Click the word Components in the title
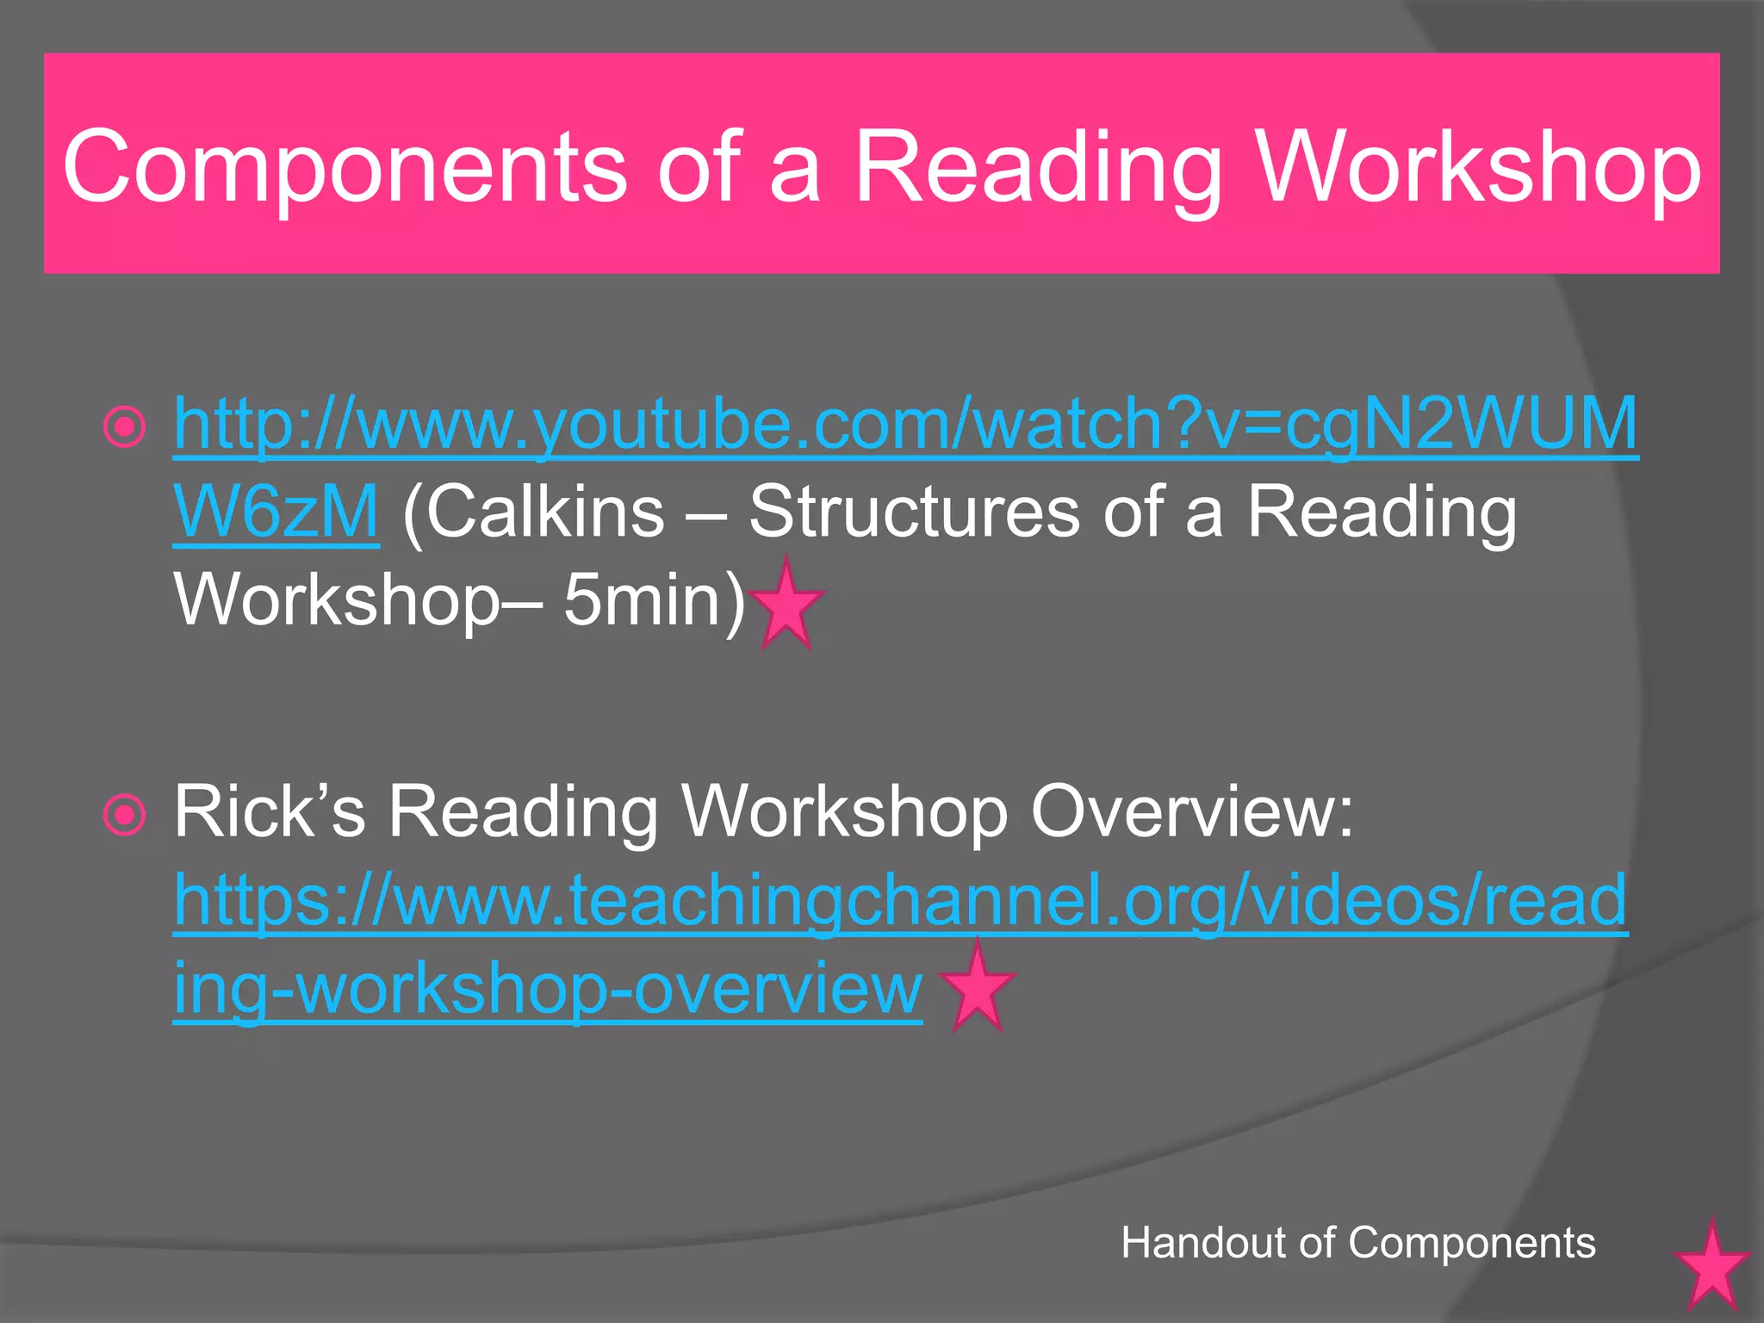[344, 167]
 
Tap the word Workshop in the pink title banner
[1478, 167]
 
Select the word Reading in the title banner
[1038, 167]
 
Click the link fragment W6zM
[276, 512]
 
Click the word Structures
[914, 512]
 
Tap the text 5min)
[654, 600]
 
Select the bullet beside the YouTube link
[125, 426]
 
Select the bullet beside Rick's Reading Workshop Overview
[125, 814]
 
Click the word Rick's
[270, 811]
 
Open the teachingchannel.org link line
[900, 900]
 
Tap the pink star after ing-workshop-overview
[977, 988]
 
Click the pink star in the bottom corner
[1711, 1265]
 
